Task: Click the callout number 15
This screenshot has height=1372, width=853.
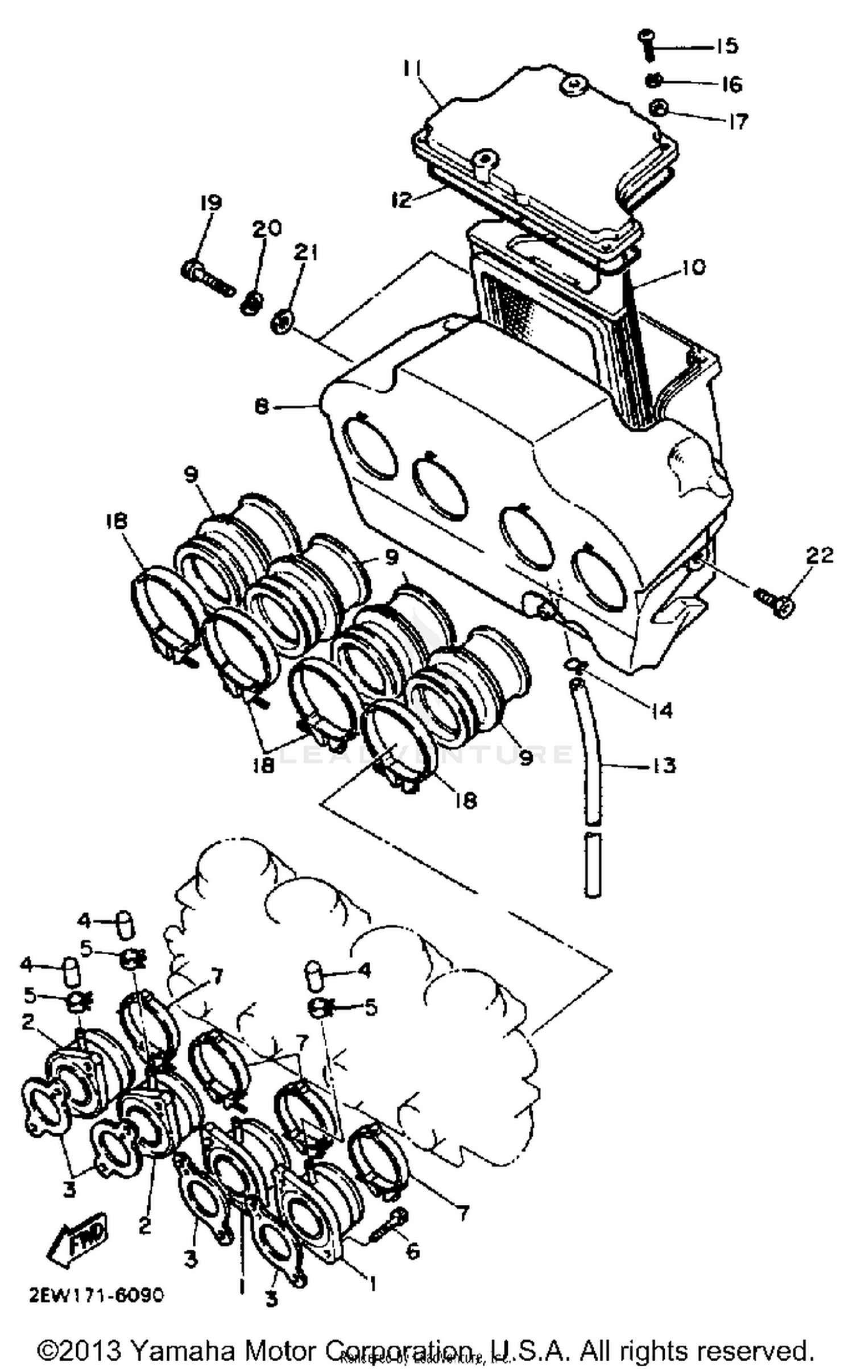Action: point(726,46)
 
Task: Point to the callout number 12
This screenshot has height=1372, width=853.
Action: point(401,200)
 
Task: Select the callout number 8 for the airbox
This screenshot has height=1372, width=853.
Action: point(261,407)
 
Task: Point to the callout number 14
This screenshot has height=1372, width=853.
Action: point(662,710)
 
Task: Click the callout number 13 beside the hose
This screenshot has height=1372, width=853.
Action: point(662,765)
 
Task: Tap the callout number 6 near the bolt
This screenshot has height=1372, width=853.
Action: point(412,1251)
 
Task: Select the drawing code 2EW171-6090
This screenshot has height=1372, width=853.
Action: point(96,1295)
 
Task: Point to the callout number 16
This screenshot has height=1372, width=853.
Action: point(732,84)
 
